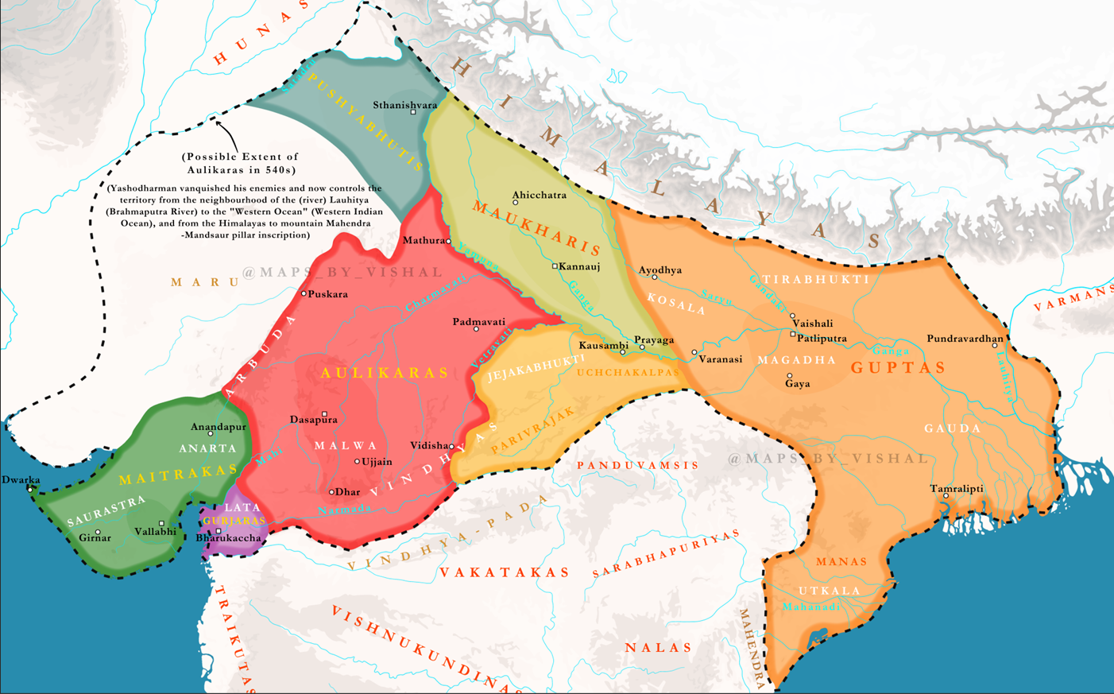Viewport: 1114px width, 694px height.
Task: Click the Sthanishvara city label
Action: (404, 105)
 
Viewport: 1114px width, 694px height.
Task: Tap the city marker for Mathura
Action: (449, 241)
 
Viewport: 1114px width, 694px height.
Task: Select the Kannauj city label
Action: (579, 266)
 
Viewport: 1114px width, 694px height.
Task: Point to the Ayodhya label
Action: (660, 270)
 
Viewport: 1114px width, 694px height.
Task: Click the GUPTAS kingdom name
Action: (898, 367)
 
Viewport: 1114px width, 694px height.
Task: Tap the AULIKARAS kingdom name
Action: (385, 373)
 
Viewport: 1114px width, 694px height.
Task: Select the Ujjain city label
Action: (377, 462)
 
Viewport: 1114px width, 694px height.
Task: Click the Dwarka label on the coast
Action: (21, 480)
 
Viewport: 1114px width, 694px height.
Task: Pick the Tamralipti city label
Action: (957, 489)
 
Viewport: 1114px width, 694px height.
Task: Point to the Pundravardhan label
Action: (965, 339)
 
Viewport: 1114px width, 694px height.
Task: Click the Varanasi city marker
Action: (694, 352)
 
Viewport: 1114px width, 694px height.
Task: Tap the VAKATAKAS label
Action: (505, 572)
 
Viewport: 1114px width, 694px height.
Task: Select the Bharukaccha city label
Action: (228, 538)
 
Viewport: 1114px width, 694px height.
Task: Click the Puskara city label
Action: (327, 294)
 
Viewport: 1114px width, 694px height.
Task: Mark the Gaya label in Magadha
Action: (797, 384)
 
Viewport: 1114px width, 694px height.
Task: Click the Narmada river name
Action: (344, 509)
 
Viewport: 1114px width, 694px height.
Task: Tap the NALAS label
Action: (658, 648)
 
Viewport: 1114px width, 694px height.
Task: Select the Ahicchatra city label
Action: (540, 195)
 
